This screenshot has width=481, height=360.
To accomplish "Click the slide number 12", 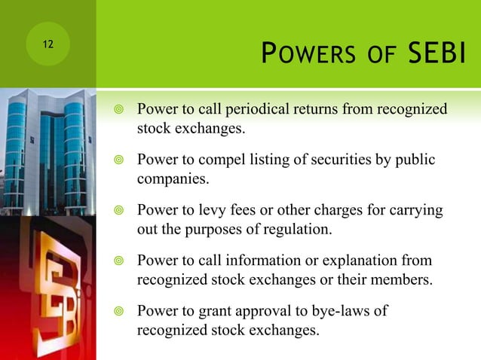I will click(47, 44).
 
